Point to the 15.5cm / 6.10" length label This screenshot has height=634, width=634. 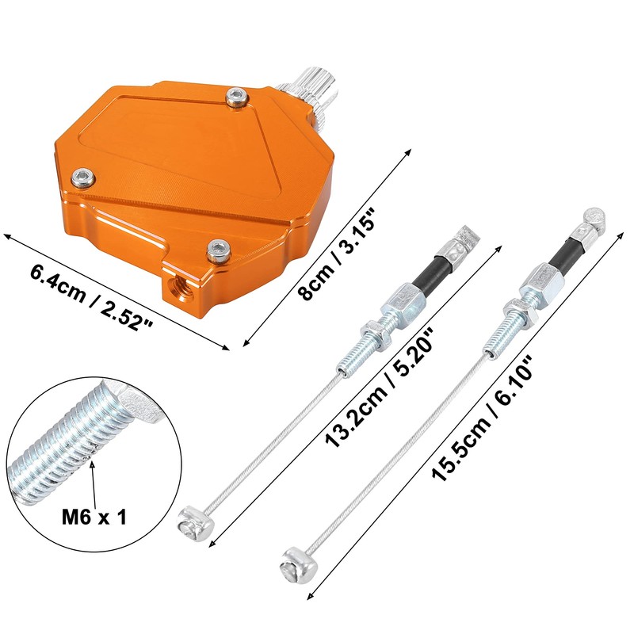tap(483, 417)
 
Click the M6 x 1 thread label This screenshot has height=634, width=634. tap(94, 517)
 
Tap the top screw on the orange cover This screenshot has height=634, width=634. tap(237, 97)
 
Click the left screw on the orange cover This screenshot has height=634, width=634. tap(83, 178)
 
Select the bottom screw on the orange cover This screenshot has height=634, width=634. tap(219, 250)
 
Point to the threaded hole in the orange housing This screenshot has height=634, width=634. tap(178, 288)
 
